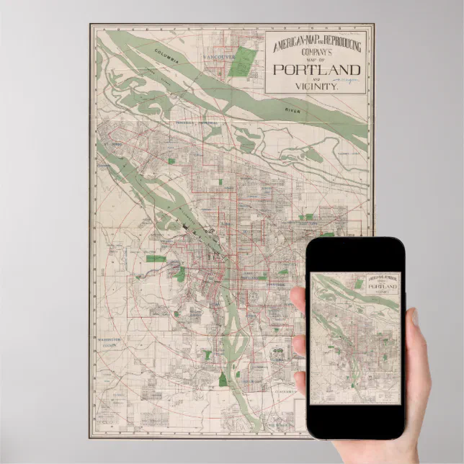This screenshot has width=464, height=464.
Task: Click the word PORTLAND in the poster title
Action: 315,70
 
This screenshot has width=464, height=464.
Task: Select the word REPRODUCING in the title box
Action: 339,42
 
